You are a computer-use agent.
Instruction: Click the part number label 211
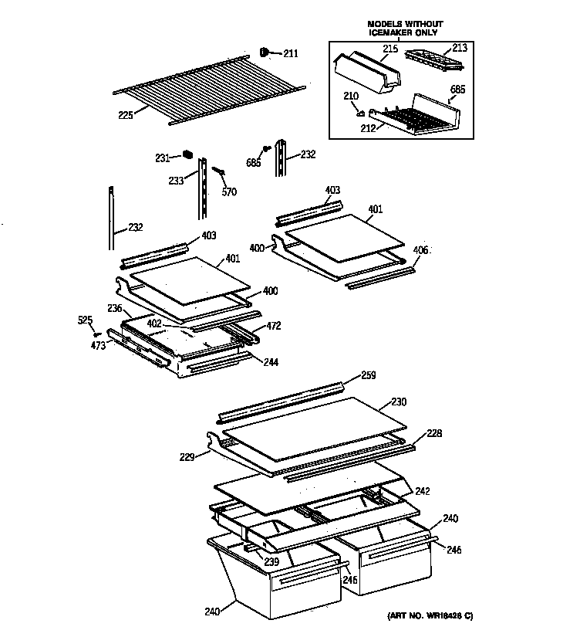coord(290,54)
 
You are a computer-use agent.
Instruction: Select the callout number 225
coord(126,115)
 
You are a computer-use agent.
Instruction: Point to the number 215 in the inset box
coord(390,49)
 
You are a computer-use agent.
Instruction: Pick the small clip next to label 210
coord(360,110)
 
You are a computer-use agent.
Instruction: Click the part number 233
coord(177,181)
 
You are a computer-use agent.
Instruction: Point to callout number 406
coord(420,250)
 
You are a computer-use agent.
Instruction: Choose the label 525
coord(86,319)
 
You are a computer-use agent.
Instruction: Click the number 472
coord(274,327)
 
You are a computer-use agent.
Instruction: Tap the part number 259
coord(369,377)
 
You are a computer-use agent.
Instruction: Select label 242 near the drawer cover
coord(422,491)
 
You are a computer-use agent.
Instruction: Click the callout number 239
coord(271,561)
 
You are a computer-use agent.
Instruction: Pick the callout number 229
coord(188,458)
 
